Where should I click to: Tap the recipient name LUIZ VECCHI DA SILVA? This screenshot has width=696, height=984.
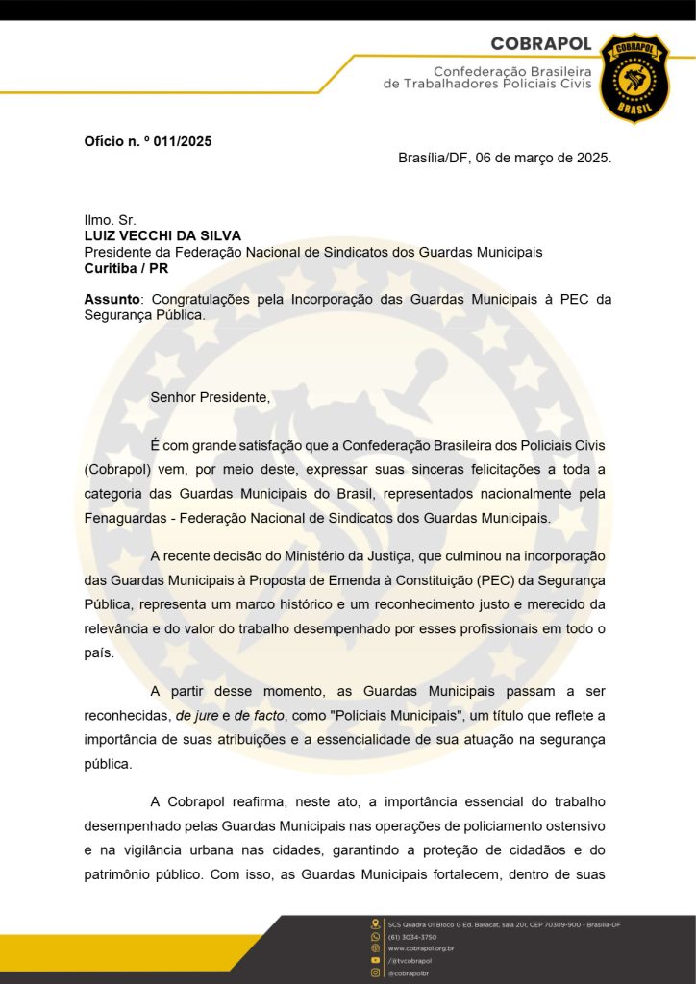click(162, 235)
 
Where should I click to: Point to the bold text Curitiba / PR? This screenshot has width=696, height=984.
click(126, 268)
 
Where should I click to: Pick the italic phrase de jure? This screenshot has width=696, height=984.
click(196, 716)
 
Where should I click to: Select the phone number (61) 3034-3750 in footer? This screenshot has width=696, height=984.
click(412, 936)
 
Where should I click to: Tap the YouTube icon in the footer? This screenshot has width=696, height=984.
click(376, 960)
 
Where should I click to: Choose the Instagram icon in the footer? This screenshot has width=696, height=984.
click(376, 972)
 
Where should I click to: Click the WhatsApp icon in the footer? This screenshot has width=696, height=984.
click(376, 936)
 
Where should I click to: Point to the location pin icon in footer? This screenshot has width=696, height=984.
click(376, 923)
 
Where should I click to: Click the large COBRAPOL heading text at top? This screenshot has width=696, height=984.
click(540, 44)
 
